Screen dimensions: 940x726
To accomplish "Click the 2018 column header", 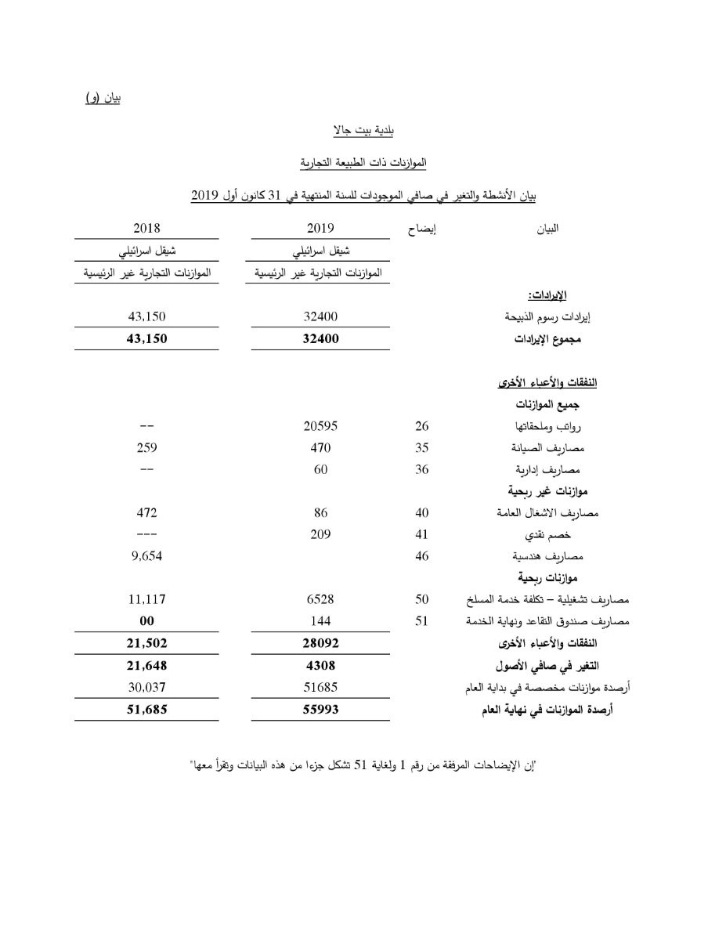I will [x=146, y=229].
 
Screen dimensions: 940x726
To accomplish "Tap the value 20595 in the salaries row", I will [x=320, y=427].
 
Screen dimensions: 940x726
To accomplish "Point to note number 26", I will [x=422, y=427].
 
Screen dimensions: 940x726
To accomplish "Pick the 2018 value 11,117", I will [x=146, y=599].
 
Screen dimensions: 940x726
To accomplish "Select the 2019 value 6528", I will [x=320, y=599].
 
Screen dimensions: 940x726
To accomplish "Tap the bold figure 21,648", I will [x=146, y=667].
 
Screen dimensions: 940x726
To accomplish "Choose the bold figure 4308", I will [x=320, y=667].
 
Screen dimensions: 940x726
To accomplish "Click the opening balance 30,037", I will [x=146, y=689].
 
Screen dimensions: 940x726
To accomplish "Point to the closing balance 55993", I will [x=320, y=710].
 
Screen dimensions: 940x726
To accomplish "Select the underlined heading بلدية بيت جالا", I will [x=363, y=129].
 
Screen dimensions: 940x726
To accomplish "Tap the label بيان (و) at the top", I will [x=103, y=98].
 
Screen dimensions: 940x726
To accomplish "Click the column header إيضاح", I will [x=423, y=230].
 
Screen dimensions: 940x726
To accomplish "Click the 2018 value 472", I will [x=146, y=513].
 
